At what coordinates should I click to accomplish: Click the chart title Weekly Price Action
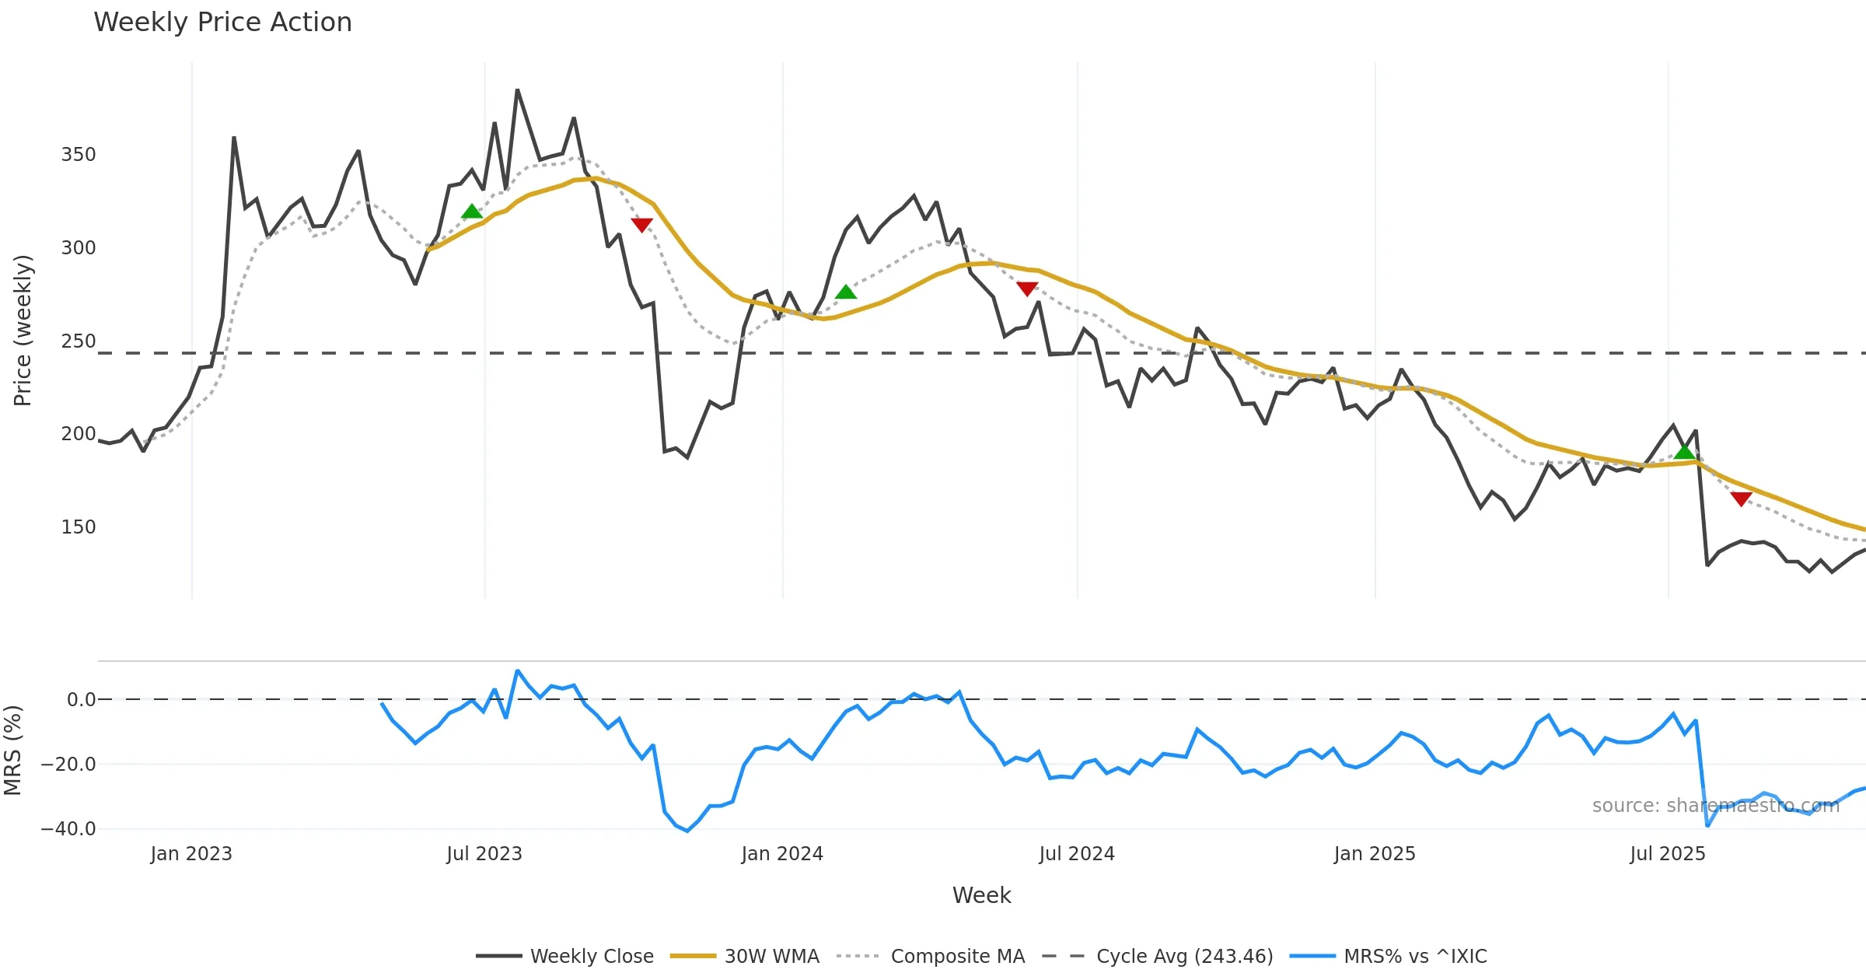tap(222, 23)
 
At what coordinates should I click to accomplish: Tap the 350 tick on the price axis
tap(79, 155)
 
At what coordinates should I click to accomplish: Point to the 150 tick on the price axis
tap(79, 527)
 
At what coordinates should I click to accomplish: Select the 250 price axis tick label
tap(79, 341)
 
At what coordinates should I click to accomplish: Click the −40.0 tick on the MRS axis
tap(68, 829)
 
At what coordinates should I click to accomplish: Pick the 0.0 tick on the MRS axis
tap(81, 700)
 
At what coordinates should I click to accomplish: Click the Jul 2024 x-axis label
tap(1077, 854)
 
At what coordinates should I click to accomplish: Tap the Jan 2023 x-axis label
tap(191, 854)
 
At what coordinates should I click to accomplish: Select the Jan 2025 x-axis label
tap(1375, 854)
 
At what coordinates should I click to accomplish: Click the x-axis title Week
tap(982, 896)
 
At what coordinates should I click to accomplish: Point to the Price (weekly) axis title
tap(23, 331)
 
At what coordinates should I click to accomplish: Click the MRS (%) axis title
tap(12, 751)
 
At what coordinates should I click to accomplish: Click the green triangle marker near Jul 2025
tap(1684, 452)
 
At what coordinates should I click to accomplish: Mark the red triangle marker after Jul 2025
tap(1742, 499)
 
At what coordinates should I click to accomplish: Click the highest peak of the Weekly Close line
tap(517, 90)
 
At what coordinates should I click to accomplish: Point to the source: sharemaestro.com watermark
tap(1716, 806)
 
